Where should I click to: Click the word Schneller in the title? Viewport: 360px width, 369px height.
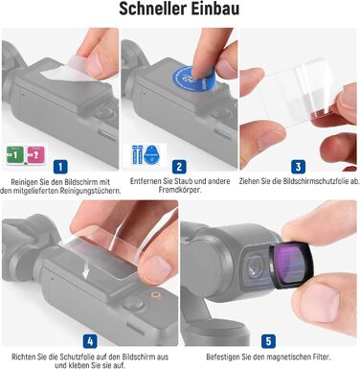[153, 10]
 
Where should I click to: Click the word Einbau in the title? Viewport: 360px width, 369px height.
[215, 10]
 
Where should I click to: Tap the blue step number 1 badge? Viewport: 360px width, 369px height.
[60, 167]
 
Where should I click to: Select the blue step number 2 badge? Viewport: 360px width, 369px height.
[179, 167]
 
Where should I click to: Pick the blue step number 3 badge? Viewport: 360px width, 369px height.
[298, 167]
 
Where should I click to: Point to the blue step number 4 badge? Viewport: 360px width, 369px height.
[90, 341]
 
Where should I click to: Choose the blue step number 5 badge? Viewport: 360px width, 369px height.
[268, 341]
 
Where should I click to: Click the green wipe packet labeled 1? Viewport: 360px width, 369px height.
[15, 155]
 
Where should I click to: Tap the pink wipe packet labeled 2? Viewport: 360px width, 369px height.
[35, 155]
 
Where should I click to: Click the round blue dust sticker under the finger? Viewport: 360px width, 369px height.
[192, 81]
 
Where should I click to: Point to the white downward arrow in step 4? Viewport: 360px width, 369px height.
[86, 271]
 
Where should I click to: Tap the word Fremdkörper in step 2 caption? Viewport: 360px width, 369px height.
[180, 190]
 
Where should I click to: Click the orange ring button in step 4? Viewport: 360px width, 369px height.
[156, 294]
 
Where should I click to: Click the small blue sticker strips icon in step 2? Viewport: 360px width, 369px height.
[137, 155]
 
